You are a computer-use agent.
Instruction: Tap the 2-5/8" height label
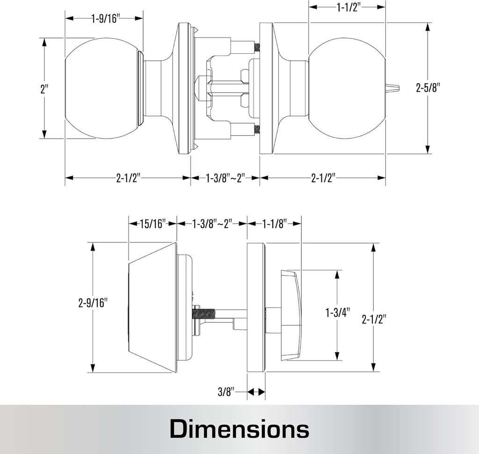tap(428, 88)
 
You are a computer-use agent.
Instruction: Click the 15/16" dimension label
tap(152, 224)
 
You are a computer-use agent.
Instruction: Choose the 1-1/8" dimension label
tap(274, 224)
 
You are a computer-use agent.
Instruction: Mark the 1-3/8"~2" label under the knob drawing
tap(225, 178)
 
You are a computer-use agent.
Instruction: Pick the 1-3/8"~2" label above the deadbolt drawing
tap(212, 224)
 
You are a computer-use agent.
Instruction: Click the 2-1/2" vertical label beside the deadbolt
tap(374, 319)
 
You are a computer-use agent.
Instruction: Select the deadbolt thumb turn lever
tap(291, 315)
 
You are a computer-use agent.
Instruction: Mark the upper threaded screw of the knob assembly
tap(256, 47)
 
